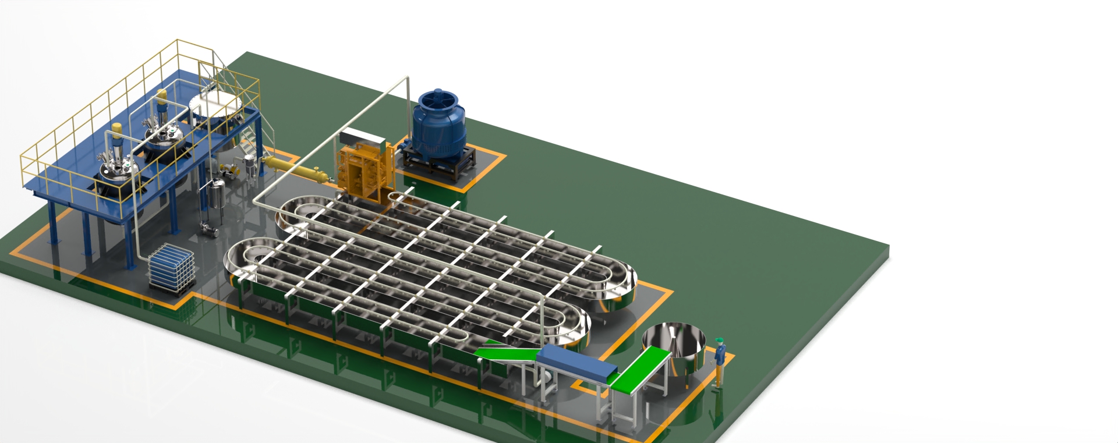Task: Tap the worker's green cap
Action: (x=720, y=339)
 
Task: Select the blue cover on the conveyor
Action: (x=575, y=362)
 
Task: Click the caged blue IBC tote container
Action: (x=171, y=268)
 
